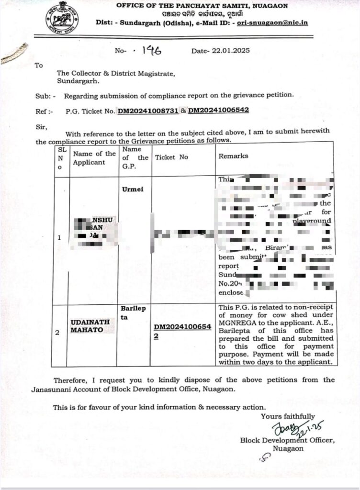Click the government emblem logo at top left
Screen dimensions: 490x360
click(x=62, y=18)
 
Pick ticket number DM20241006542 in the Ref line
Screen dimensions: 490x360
click(x=218, y=111)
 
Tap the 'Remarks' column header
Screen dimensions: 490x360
click(x=233, y=156)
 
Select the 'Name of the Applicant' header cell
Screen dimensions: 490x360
click(x=94, y=158)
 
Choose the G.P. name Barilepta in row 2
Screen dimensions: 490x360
click(x=132, y=313)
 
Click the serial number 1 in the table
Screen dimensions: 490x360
click(x=59, y=237)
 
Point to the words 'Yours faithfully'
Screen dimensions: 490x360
click(x=288, y=416)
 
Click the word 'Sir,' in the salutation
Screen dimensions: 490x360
click(x=42, y=127)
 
